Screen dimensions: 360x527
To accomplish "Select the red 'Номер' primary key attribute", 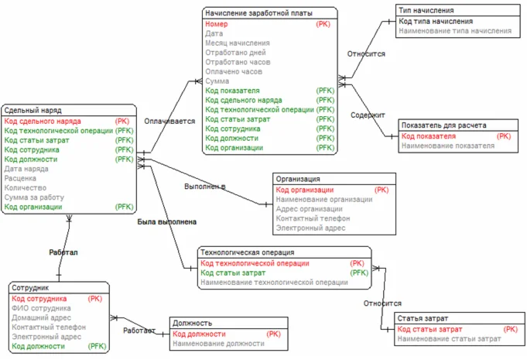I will (217, 25).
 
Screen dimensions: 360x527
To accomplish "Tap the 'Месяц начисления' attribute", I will (238, 43).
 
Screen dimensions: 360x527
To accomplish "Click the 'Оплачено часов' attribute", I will (233, 71).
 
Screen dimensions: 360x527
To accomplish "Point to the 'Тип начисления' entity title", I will (426, 12).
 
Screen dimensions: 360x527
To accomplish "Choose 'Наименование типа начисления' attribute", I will (455, 31).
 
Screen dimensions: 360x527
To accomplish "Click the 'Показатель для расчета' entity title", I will (443, 125).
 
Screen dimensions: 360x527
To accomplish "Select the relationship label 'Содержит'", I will (368, 115).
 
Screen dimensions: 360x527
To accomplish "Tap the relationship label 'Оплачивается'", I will (169, 122).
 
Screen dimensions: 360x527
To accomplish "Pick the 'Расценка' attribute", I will (21, 178).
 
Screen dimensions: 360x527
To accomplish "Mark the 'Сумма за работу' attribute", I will (35, 197).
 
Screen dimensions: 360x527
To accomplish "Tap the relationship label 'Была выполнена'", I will (166, 222).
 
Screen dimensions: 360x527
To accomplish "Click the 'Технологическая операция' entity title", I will (248, 252).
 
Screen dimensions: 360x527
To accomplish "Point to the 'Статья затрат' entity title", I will (423, 319).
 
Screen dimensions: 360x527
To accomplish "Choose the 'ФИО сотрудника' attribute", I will (41, 308).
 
